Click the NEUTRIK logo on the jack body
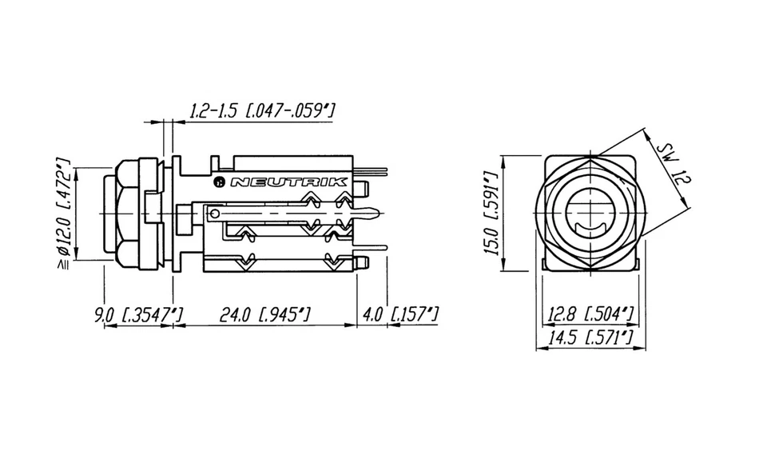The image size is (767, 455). (x=288, y=182)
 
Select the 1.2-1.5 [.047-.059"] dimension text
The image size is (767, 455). (x=260, y=110)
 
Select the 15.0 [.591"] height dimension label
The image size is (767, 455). (x=492, y=212)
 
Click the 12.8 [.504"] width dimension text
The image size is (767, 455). (x=590, y=313)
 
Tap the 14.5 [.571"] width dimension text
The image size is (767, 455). (x=590, y=338)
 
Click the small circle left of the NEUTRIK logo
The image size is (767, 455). (x=220, y=182)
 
